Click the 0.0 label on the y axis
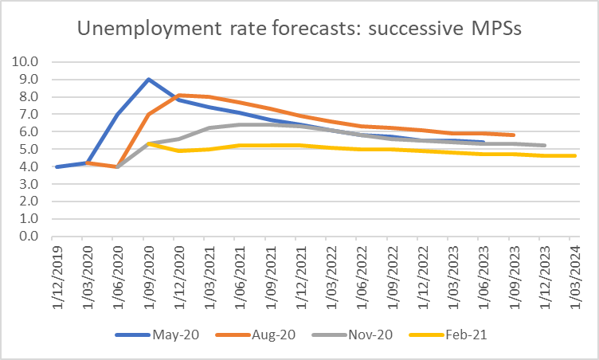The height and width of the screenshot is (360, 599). click(x=29, y=237)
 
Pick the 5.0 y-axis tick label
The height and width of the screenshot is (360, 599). click(x=29, y=149)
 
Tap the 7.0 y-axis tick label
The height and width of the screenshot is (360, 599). click(x=29, y=114)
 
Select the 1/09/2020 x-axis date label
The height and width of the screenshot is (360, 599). click(x=148, y=271)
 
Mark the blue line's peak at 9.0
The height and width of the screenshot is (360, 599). click(x=149, y=79)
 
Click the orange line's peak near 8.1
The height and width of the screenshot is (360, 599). click(x=179, y=95)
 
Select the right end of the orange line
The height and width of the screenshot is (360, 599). click(x=514, y=135)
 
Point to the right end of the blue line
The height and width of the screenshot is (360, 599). click(x=484, y=142)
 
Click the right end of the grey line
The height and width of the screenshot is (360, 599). click(x=544, y=146)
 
